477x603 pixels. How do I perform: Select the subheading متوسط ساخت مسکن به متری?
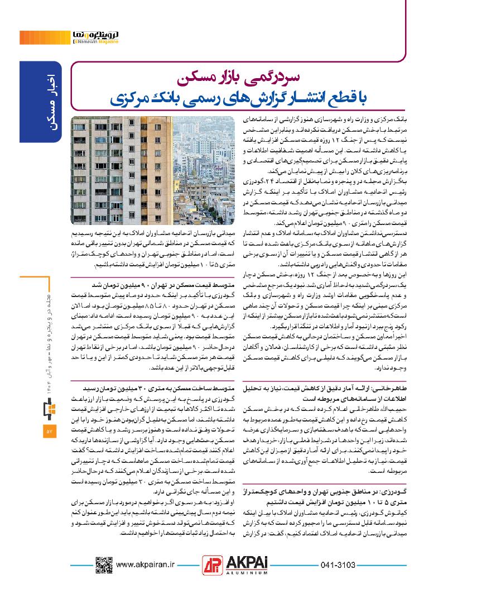coord(156,386)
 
